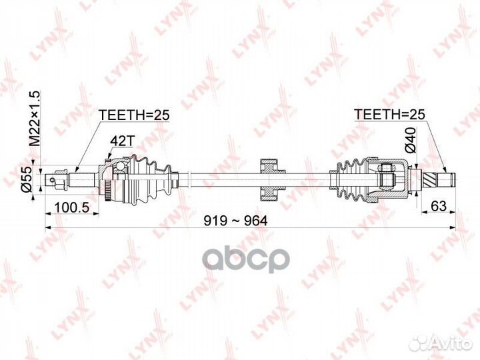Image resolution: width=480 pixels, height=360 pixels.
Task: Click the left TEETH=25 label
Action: pos(134,114)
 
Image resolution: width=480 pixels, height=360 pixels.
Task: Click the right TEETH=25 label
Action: pos(389,114)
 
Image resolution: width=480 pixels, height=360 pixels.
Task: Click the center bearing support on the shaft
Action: pos(269,178)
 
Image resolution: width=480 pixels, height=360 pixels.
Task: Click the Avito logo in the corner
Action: pos(437,343)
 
